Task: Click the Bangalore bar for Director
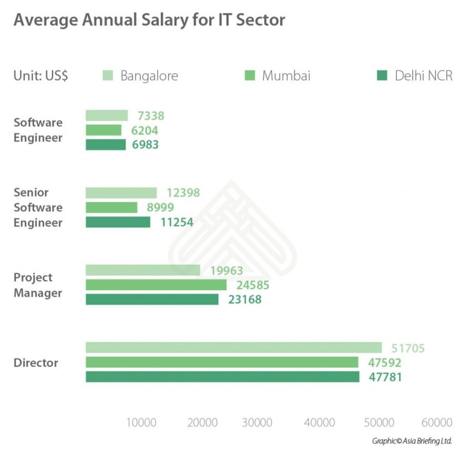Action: [233, 347]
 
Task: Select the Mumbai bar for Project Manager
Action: [156, 285]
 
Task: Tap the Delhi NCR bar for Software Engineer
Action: [105, 144]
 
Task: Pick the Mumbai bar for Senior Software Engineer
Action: [111, 208]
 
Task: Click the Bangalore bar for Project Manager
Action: [142, 270]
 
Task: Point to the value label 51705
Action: [407, 348]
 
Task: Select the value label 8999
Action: [160, 208]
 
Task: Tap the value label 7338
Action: [150, 116]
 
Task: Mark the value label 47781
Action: [385, 377]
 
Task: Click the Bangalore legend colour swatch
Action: [108, 75]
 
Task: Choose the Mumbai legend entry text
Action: [286, 75]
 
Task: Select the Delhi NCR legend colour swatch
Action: [382, 75]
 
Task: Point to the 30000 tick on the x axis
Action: [257, 422]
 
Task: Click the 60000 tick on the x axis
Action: [437, 422]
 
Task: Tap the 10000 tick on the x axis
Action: [141, 422]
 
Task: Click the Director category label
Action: [36, 363]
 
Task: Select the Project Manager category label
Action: [38, 285]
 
